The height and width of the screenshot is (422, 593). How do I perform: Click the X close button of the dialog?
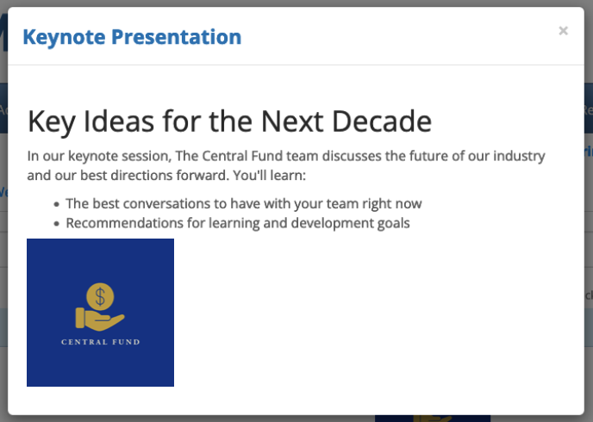click(x=563, y=31)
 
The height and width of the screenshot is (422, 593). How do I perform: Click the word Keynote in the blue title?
click(x=64, y=37)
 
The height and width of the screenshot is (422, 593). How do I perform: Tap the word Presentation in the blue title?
click(x=176, y=37)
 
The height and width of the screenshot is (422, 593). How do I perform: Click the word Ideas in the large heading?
click(x=118, y=121)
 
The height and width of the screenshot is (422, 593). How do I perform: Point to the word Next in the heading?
click(x=292, y=121)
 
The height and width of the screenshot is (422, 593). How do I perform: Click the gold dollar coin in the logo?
click(x=100, y=296)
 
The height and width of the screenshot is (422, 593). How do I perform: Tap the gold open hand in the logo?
click(x=100, y=320)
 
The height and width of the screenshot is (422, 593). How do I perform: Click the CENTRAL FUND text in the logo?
click(x=101, y=342)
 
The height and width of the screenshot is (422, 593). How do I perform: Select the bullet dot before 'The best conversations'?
click(x=57, y=204)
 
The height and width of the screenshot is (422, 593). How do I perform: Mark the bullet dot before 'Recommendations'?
click(x=57, y=224)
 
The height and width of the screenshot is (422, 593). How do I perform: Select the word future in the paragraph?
click(x=426, y=157)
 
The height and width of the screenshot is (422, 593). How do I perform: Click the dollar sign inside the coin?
click(x=100, y=296)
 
